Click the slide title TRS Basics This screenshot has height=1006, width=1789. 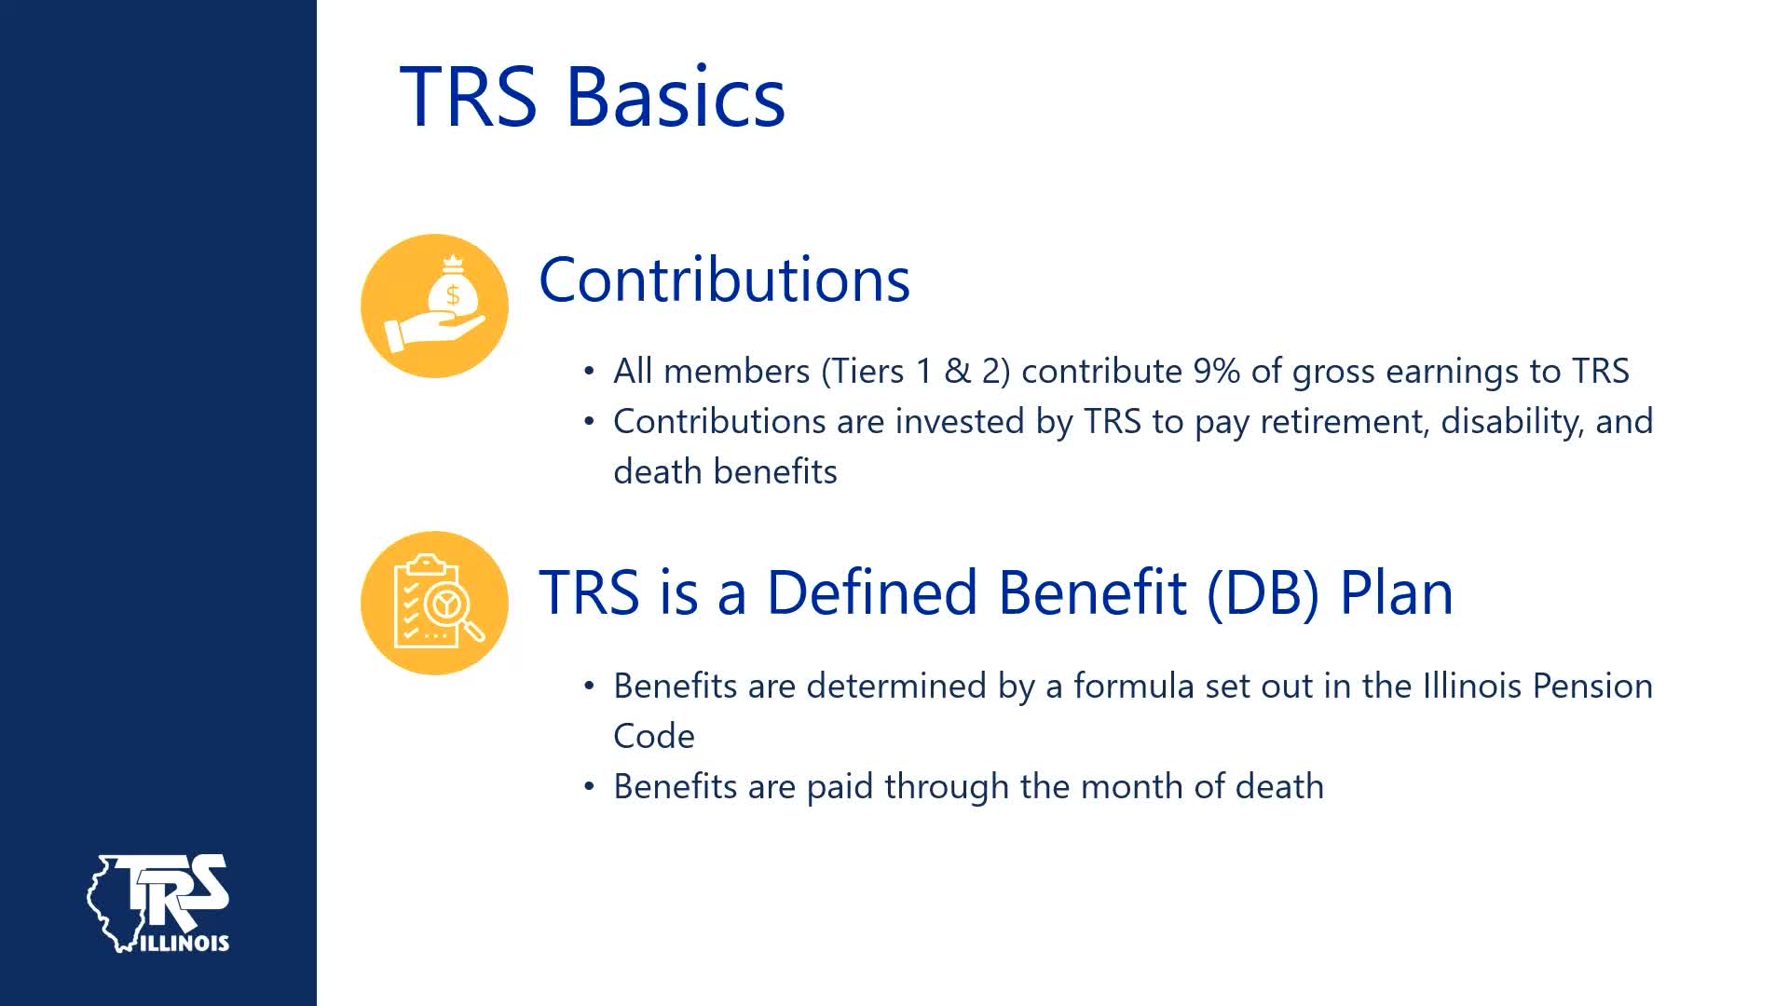593,96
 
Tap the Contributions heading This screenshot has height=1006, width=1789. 724,279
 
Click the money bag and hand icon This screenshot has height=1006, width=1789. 434,306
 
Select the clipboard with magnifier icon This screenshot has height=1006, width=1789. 434,603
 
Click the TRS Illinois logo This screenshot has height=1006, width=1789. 158,903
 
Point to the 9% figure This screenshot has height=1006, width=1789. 1217,371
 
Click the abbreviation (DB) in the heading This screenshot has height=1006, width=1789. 1263,592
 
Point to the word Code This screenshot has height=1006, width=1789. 654,737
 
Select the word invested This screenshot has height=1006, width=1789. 961,422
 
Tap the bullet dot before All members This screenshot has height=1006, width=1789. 588,371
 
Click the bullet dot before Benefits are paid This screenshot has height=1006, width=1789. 588,786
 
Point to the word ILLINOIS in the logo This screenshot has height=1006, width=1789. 185,943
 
